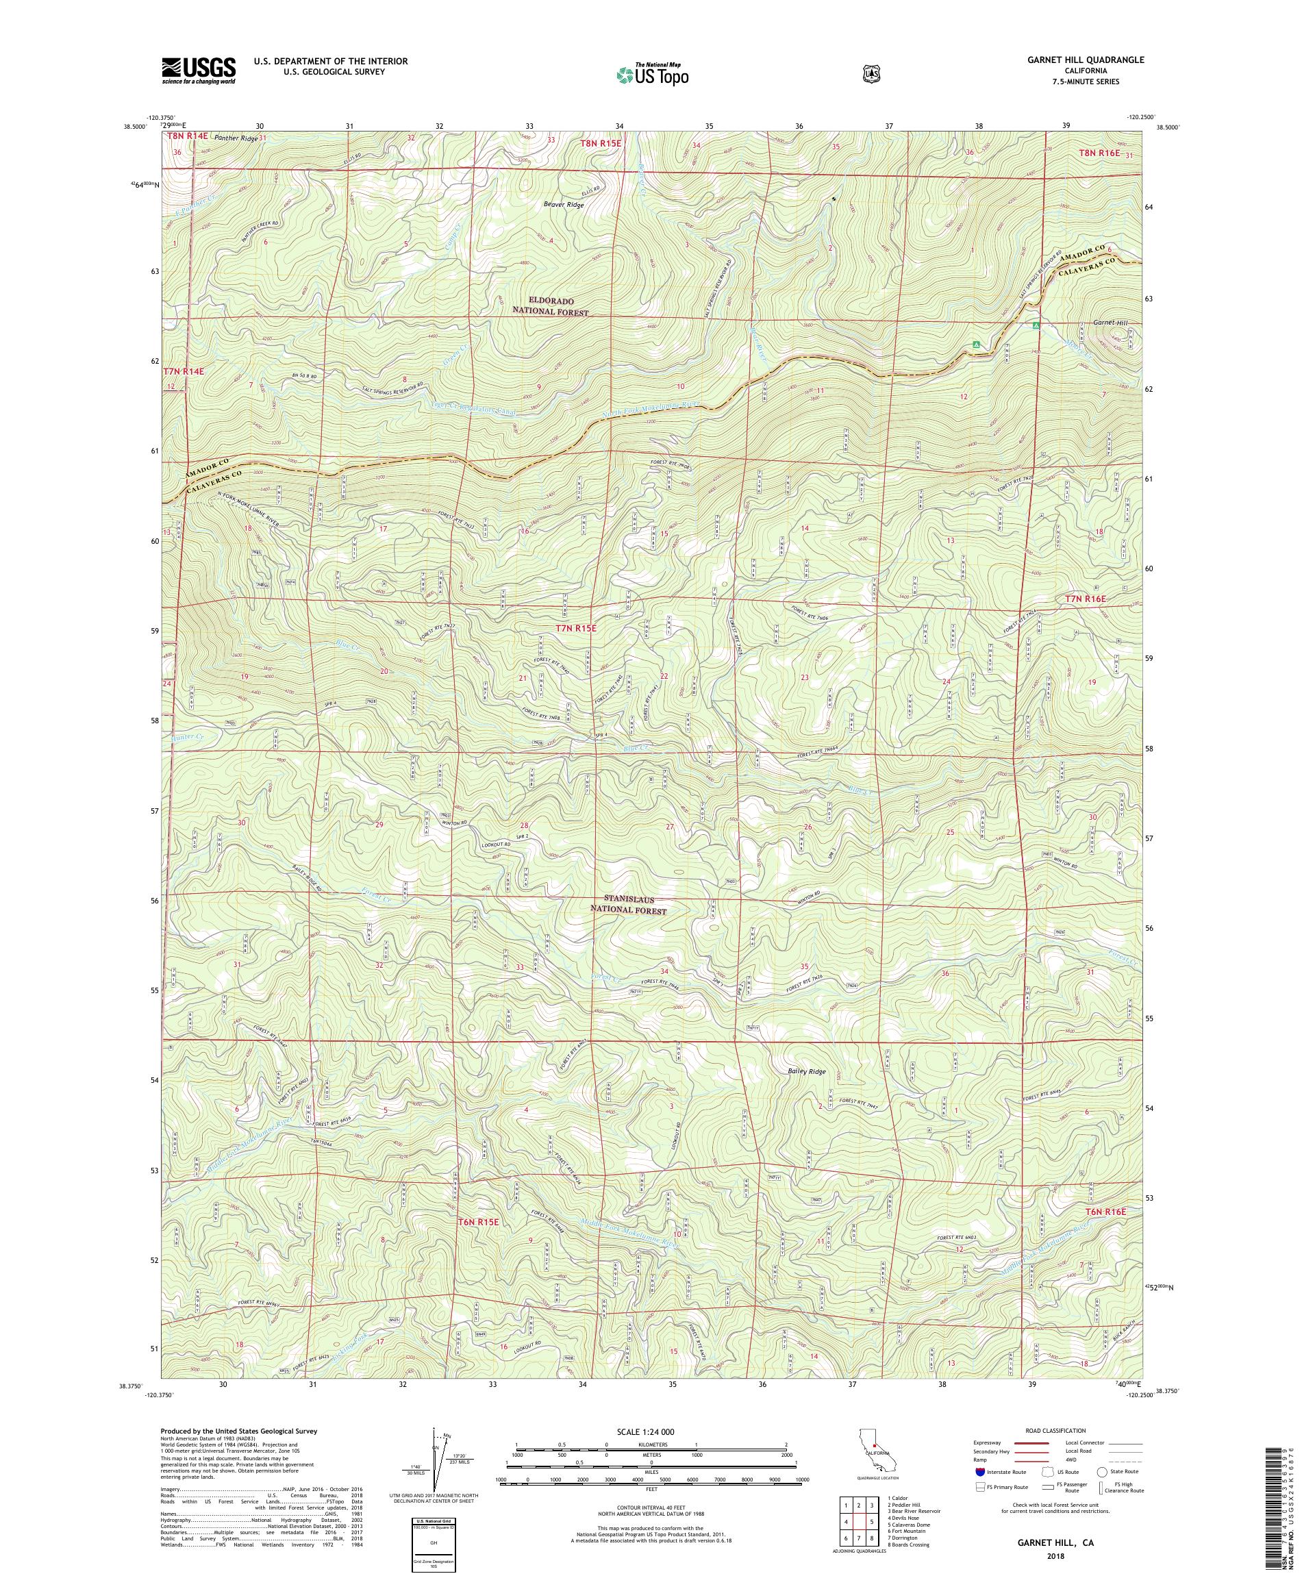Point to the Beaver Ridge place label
coord(564,204)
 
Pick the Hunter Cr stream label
coord(188,736)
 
